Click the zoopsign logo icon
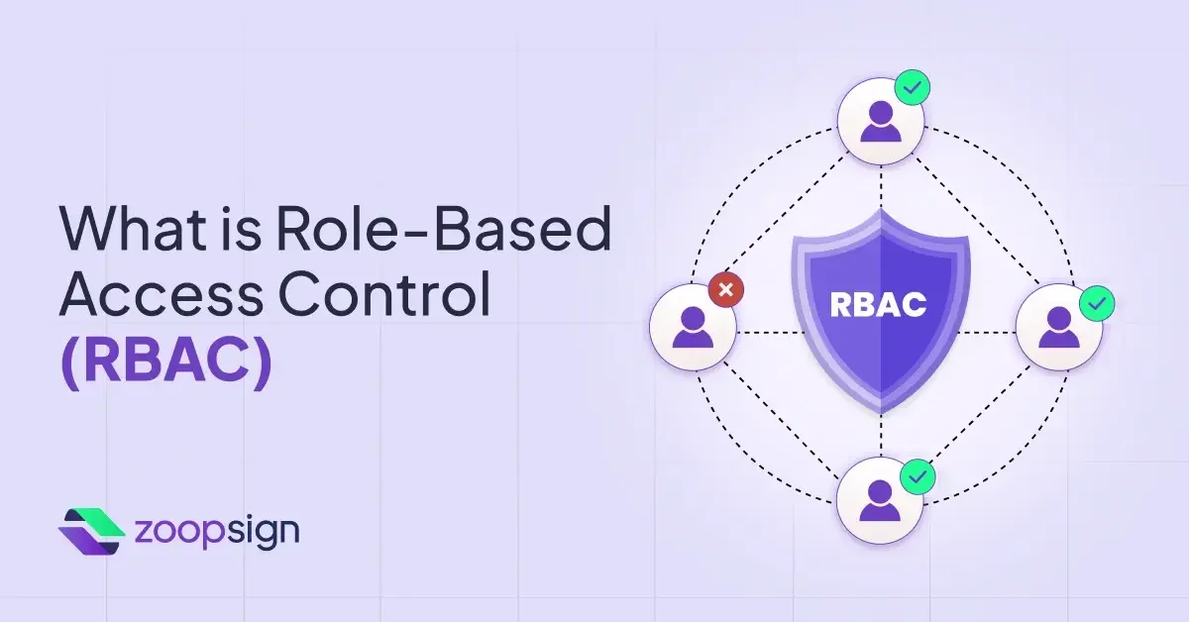click(91, 531)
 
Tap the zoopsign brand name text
click(215, 531)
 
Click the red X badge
click(726, 290)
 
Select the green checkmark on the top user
click(913, 87)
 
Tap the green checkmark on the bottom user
click(918, 476)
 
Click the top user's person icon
click(879, 123)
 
